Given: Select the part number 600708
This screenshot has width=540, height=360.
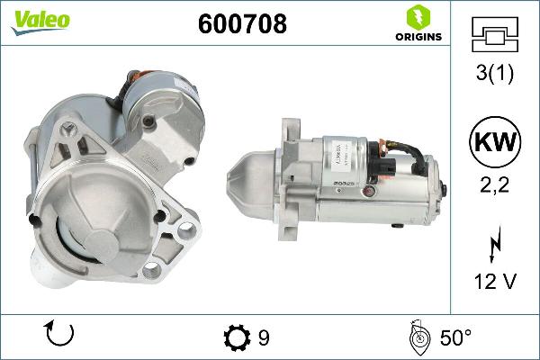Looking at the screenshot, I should pyautogui.click(x=241, y=24).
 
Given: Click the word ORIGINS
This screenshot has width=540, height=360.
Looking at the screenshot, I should pyautogui.click(x=418, y=37).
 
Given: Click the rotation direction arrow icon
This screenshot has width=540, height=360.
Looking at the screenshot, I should pyautogui.click(x=58, y=336).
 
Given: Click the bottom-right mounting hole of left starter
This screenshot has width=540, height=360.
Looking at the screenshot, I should pyautogui.click(x=185, y=233).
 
